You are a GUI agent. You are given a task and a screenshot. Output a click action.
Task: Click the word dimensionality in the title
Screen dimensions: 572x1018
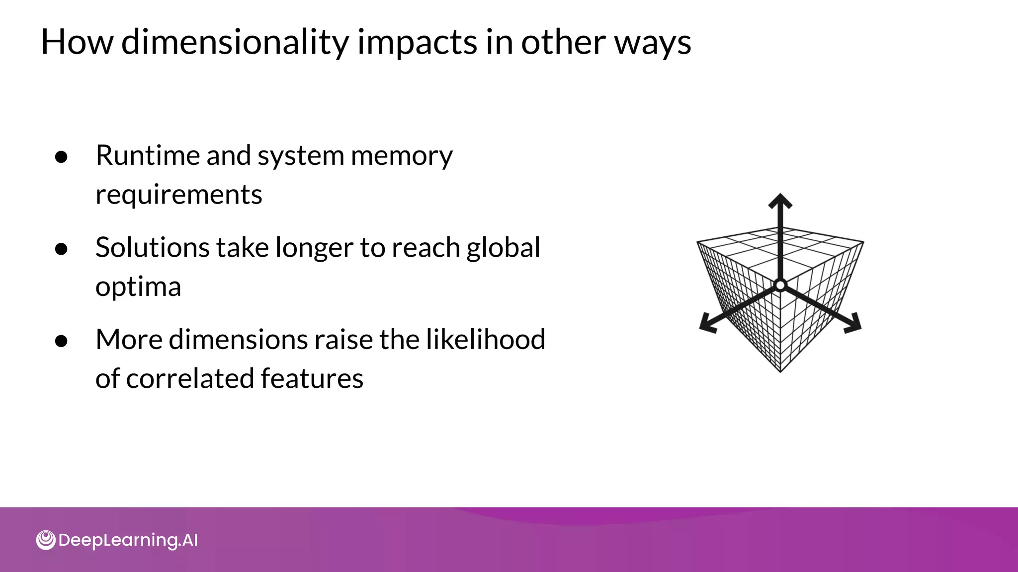pos(235,43)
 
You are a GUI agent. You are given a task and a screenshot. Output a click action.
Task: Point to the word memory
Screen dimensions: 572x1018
pos(402,156)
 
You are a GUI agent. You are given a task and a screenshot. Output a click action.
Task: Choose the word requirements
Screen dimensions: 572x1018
pos(178,195)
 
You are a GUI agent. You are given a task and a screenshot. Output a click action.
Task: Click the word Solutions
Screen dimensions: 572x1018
pos(152,247)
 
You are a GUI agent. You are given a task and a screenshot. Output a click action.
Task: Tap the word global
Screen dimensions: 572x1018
pos(503,247)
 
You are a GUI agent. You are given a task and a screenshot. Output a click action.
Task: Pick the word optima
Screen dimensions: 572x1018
pos(138,287)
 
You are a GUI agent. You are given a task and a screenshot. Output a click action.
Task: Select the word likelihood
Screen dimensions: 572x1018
pos(486,340)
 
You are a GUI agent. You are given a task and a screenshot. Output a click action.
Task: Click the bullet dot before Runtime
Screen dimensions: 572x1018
pos(61,157)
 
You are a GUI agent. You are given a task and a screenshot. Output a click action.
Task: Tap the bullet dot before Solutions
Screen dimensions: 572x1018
pos(61,249)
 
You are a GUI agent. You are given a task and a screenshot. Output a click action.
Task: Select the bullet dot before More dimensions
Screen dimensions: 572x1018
pos(61,342)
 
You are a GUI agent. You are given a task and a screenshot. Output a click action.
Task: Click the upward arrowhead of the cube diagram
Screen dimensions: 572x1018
pos(780,201)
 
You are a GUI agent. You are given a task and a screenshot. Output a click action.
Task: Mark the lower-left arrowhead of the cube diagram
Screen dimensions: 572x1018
pos(707,324)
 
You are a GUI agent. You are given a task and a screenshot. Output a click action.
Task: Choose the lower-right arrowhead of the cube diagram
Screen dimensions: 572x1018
pos(853,324)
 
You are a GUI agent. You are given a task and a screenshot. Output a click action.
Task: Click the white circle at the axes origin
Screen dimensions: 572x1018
pos(780,286)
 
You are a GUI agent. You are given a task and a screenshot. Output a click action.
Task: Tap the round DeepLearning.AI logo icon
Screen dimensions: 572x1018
pos(46,540)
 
